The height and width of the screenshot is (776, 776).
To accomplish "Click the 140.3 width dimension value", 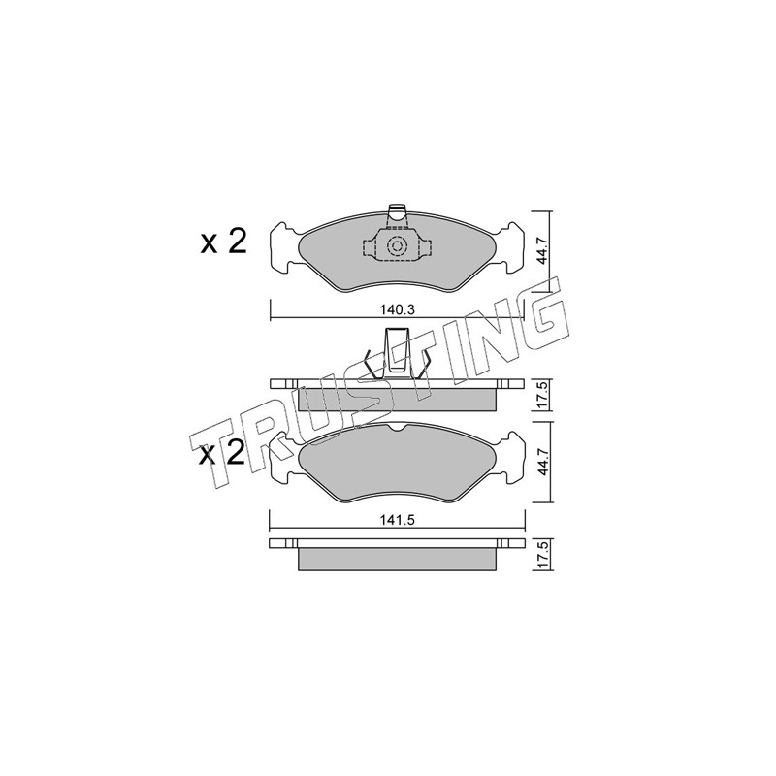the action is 397,310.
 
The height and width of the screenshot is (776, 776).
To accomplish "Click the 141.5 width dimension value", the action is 397,520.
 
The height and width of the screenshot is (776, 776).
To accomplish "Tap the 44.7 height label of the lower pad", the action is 543,464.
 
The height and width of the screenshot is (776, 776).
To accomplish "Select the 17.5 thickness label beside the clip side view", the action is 543,395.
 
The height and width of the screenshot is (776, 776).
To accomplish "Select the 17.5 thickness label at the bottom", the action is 543,555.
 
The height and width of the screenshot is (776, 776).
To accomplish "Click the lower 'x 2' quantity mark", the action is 222,453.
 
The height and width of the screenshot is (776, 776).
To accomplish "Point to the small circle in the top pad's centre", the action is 397,246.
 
